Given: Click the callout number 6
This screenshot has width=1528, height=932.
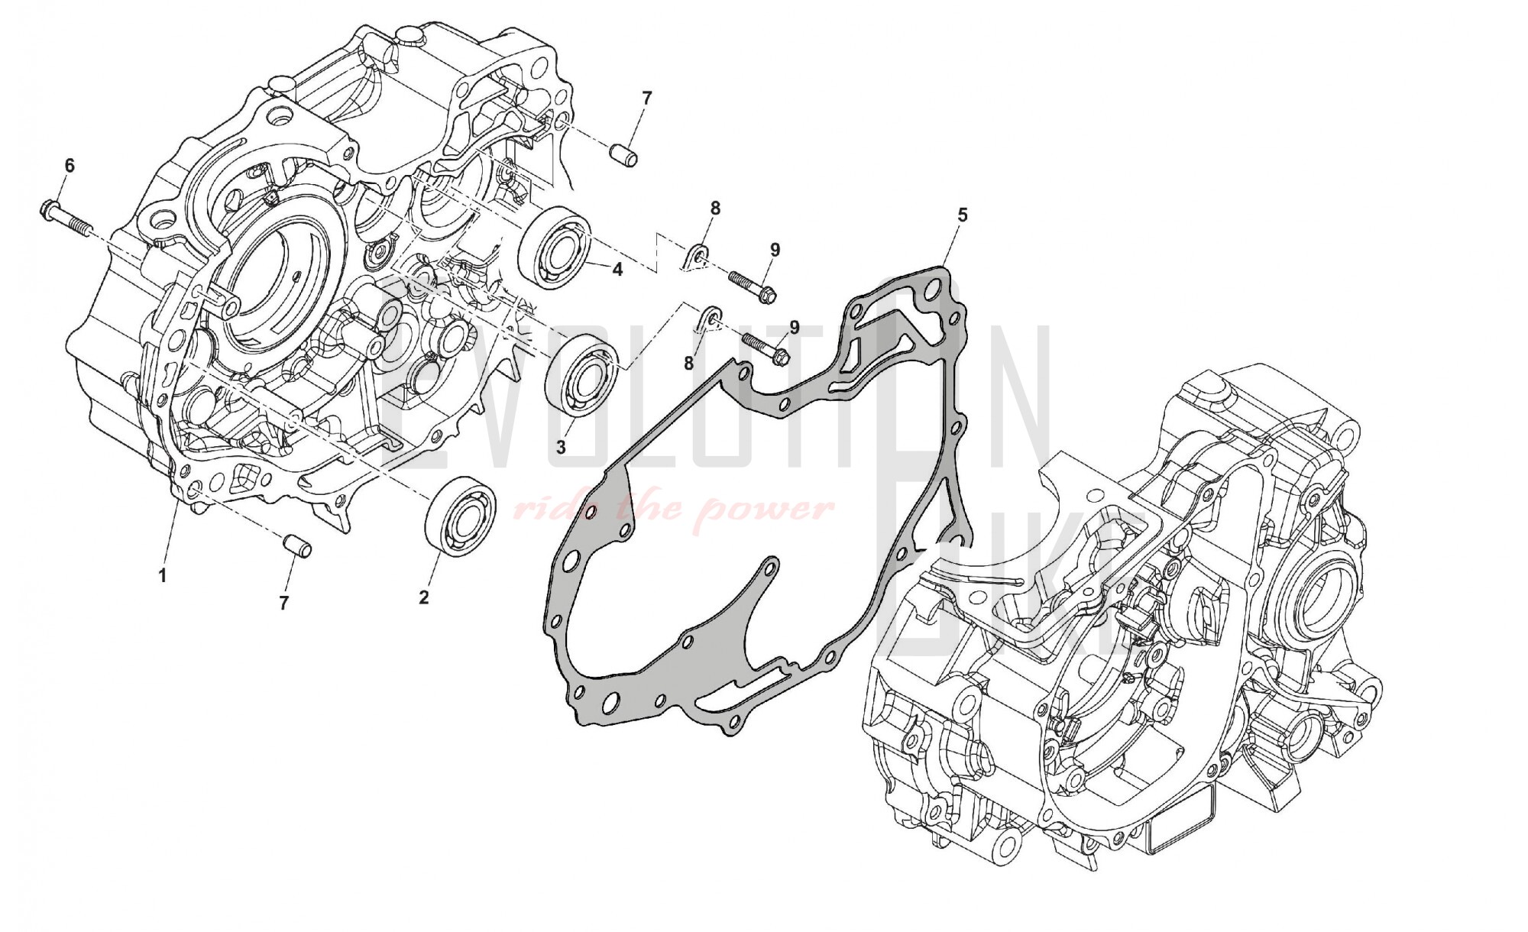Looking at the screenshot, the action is click(x=70, y=165).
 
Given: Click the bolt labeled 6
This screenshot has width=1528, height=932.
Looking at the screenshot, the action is click(x=64, y=217).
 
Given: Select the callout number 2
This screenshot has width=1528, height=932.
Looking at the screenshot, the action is click(x=424, y=598).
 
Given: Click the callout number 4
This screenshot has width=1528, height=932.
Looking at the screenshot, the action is click(x=617, y=270).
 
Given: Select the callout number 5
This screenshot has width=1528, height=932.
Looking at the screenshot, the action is click(x=963, y=215).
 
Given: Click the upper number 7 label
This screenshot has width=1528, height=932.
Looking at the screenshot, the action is click(x=646, y=98).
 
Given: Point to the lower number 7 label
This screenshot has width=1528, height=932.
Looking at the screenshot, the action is click(x=283, y=604).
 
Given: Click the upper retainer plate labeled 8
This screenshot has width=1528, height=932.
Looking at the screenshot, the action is click(x=695, y=257).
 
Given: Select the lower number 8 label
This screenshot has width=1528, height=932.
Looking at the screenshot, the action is click(x=688, y=364).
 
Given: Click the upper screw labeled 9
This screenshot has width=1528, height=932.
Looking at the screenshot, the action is click(x=753, y=286).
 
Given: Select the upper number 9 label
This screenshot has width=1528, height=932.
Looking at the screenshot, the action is click(x=775, y=249).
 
